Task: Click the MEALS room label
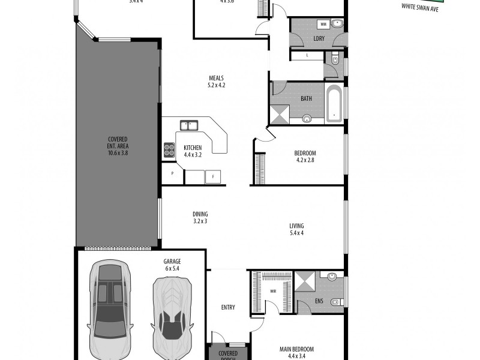pos(217,82)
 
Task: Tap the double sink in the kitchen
pos(190,125)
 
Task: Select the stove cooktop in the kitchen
pos(168,149)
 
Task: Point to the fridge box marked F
pos(212,176)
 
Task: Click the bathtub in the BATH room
pos(334,104)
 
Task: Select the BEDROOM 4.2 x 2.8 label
pos(305,157)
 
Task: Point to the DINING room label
pos(200,217)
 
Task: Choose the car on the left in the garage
pos(110,309)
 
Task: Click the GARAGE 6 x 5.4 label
pos(172,265)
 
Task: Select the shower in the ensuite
pos(305,281)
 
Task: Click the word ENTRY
pos(228,308)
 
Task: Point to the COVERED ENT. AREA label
pos(118,146)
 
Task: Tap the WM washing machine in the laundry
pos(323,25)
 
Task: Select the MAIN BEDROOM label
pos(296,352)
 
